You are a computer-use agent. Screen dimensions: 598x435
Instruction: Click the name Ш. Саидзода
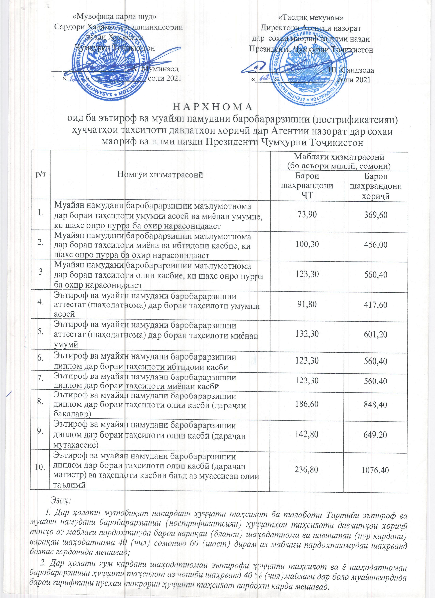pos(351,70)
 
